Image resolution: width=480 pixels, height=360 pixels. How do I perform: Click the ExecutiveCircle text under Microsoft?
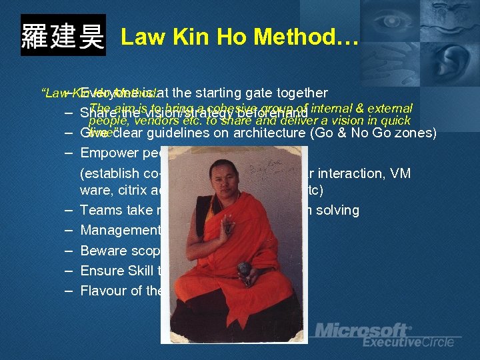(x=408, y=342)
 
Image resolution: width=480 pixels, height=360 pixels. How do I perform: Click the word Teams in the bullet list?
(x=97, y=210)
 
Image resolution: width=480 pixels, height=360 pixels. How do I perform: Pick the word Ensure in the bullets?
(x=100, y=271)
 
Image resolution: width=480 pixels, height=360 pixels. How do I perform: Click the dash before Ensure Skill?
(x=69, y=271)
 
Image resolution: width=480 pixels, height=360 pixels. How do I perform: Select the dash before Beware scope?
(x=69, y=251)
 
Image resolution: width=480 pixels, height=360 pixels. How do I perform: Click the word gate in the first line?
(x=250, y=93)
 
